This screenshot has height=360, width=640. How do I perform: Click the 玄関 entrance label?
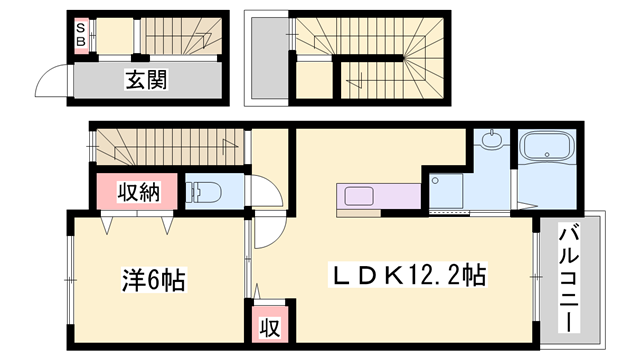click(146, 80)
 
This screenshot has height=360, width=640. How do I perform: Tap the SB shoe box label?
click(81, 35)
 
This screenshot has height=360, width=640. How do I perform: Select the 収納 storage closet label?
click(139, 191)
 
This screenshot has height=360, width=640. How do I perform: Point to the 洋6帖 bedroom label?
click(154, 279)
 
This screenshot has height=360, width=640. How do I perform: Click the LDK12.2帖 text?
click(409, 275)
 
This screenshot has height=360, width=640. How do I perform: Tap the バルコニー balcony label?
click(569, 280)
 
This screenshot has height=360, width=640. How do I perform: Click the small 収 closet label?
click(270, 327)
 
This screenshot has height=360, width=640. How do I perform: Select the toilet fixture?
click(203, 192)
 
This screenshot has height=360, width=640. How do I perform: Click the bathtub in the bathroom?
click(548, 146)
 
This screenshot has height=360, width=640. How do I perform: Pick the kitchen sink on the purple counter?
click(358, 196)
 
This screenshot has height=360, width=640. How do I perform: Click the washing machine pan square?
click(446, 191)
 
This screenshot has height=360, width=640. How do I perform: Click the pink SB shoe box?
click(81, 36)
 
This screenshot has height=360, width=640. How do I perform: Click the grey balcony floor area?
click(570, 281)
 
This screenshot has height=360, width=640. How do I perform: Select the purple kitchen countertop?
click(378, 196)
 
